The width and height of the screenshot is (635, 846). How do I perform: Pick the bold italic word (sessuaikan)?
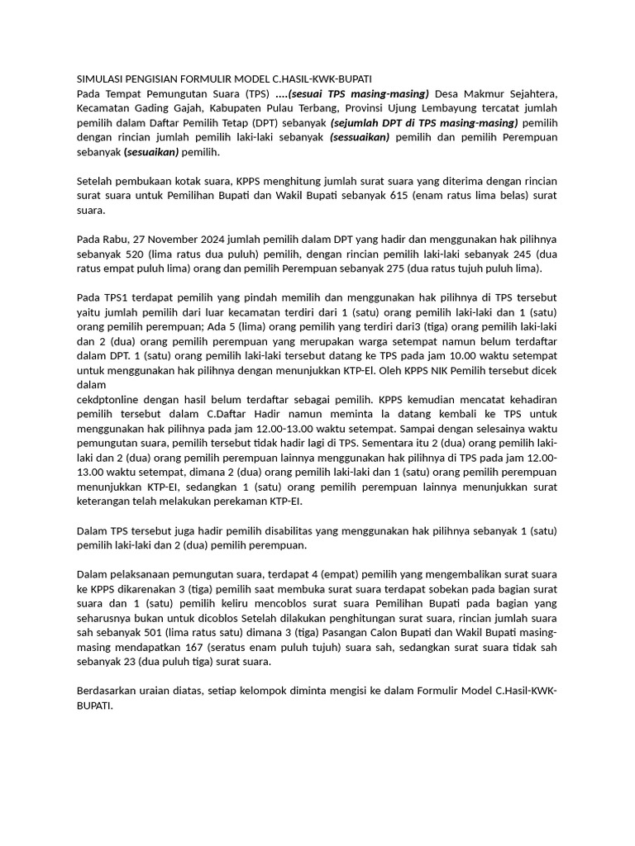360,137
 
